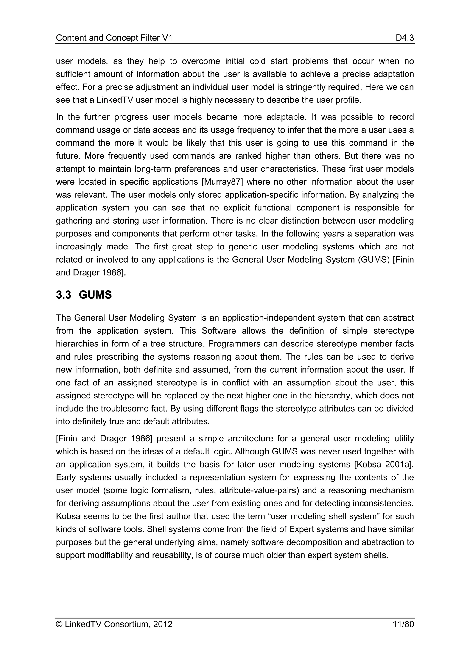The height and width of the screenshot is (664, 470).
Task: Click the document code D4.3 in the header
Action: coord(405,38)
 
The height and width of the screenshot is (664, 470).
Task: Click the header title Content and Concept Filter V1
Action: coord(114,38)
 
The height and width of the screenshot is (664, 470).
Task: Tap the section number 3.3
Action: coord(63,295)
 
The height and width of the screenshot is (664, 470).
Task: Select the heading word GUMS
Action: coord(95,295)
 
